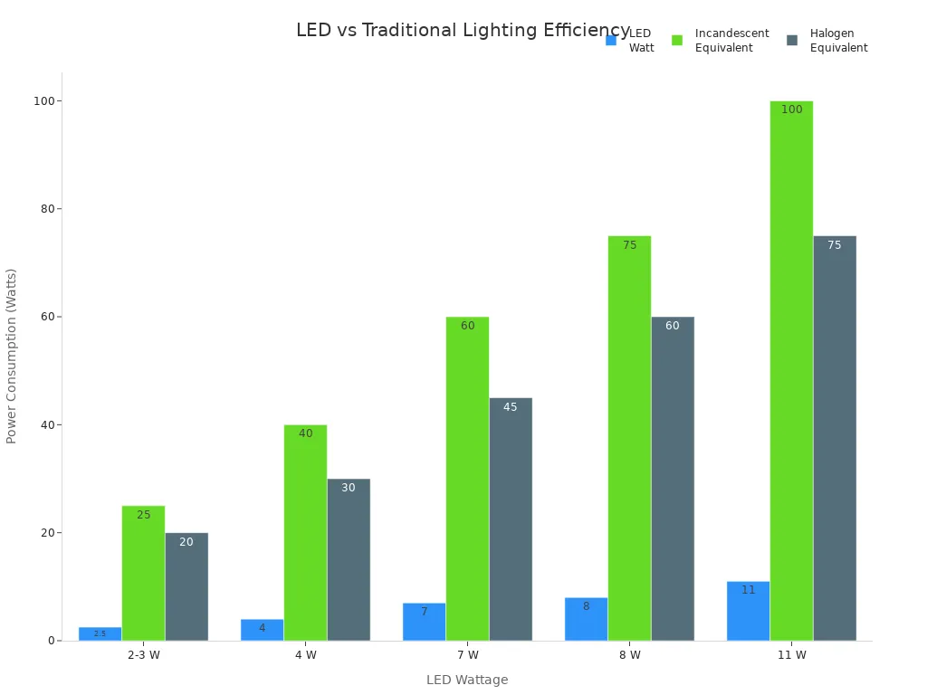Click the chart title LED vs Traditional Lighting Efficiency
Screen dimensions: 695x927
point(463,31)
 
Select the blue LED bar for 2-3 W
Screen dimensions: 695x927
point(100,633)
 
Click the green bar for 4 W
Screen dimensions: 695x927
point(305,534)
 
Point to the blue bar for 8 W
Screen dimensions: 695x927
point(586,620)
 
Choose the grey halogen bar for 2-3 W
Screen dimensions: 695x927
point(186,588)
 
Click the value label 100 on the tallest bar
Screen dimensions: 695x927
point(791,109)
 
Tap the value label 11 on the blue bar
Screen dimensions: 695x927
point(748,590)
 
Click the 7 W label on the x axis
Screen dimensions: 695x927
point(467,655)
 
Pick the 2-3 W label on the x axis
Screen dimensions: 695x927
point(143,655)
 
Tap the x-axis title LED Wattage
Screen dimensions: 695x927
point(467,680)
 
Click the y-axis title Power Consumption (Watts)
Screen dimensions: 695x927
point(12,356)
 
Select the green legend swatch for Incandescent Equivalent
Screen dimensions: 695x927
point(677,41)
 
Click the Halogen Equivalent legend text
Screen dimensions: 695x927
point(838,41)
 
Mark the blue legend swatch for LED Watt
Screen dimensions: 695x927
point(611,41)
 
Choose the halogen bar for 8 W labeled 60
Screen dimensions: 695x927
point(673,480)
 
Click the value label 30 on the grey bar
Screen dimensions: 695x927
point(349,488)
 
